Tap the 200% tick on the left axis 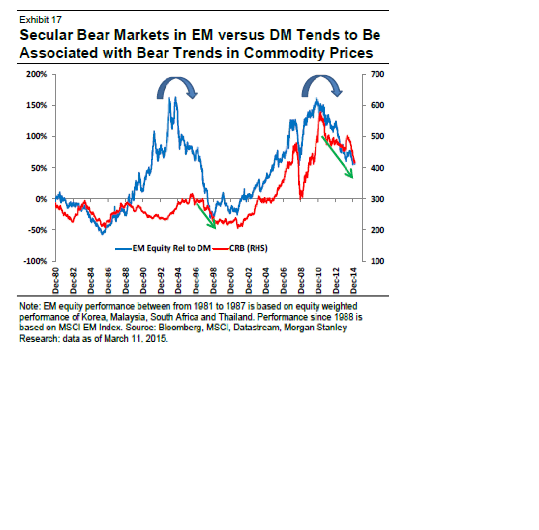[36, 74]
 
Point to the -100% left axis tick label [35, 261]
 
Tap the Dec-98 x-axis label [214, 281]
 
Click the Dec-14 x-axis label [354, 281]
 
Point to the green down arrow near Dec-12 [337, 157]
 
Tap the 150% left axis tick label [36, 105]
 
